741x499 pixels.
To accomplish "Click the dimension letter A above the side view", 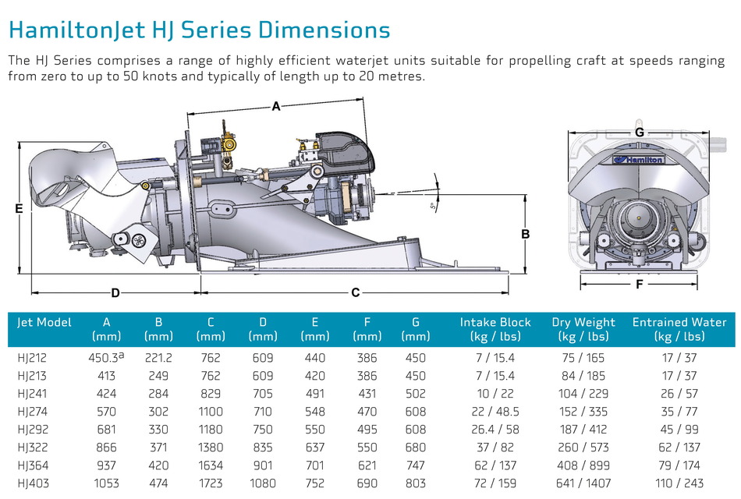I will [x=275, y=108].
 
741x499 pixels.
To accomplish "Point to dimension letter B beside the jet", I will [x=526, y=233].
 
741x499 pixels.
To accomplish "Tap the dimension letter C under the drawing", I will [x=356, y=292].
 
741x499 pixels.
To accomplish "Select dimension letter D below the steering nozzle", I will [x=115, y=293].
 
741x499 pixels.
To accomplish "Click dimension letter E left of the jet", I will [x=19, y=208].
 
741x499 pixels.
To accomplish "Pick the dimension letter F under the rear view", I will [x=639, y=285].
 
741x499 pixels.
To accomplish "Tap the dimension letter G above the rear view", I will [x=639, y=133].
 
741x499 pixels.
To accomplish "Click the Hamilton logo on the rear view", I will [x=638, y=160].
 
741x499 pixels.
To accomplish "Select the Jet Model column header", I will [x=44, y=322].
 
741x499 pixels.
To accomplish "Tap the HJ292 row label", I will [x=32, y=429].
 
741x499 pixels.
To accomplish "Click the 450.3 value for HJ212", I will [x=104, y=358].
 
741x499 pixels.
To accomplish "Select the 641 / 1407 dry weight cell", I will [x=583, y=483].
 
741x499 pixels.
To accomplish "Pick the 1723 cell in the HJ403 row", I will [x=211, y=483].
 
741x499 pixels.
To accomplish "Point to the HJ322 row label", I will [x=32, y=447].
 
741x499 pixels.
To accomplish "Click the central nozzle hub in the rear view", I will [x=638, y=219].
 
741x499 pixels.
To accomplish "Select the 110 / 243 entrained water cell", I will [x=679, y=483].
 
